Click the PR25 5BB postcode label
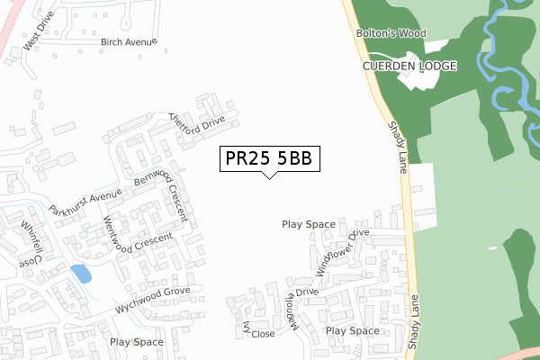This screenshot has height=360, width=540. coord(268,158)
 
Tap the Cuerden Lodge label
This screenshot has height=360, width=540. coord(410,67)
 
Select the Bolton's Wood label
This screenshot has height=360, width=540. coord(390,33)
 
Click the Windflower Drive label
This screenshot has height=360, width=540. coord(342,251)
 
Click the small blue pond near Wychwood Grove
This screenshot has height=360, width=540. coord(80,274)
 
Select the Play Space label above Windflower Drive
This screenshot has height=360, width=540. coord(308,224)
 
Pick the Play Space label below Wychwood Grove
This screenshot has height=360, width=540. coord(136,342)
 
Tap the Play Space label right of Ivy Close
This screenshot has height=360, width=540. coord(353,331)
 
